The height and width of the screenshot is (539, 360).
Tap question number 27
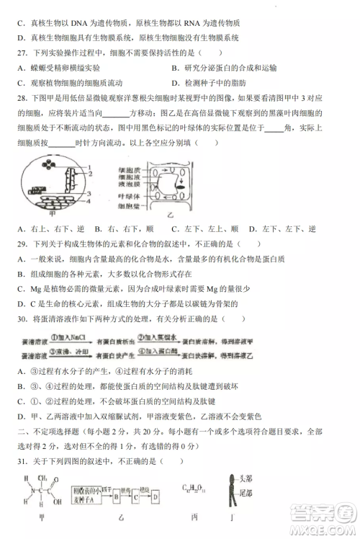point(19,53)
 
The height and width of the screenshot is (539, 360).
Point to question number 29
point(19,245)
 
